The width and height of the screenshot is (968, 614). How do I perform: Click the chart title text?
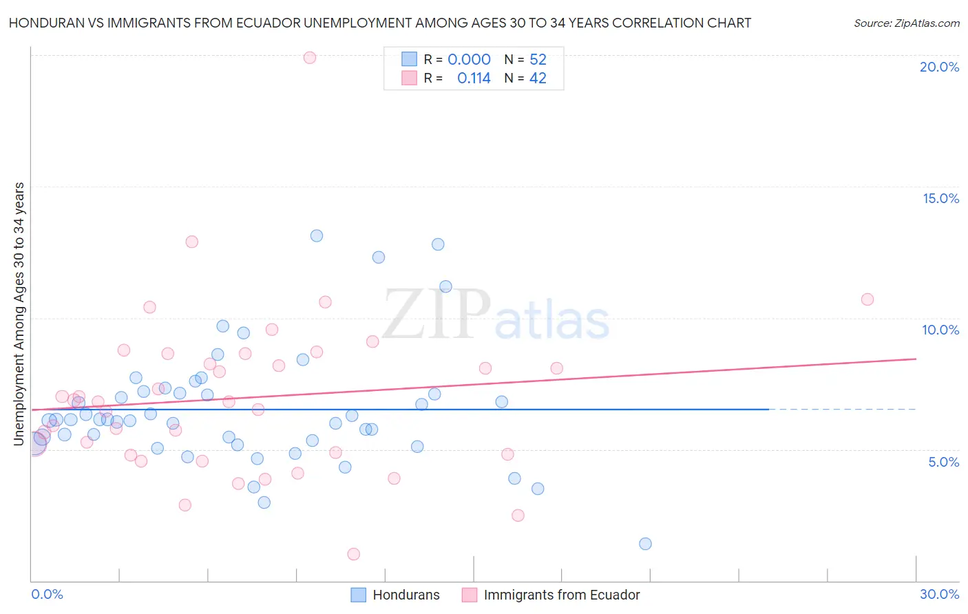(x=379, y=23)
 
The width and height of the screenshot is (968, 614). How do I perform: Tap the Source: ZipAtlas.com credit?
(x=906, y=23)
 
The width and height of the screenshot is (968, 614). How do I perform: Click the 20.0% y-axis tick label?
(x=939, y=67)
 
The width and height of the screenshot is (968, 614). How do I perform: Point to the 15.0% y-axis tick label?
(x=940, y=198)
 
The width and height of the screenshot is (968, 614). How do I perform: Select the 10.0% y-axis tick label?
(x=940, y=330)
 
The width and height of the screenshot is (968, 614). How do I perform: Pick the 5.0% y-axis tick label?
(x=943, y=462)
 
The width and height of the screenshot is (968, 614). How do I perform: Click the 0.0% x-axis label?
(x=47, y=594)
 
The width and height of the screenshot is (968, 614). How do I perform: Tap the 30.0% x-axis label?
(x=939, y=594)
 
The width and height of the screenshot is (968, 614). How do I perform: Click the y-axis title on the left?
(x=19, y=314)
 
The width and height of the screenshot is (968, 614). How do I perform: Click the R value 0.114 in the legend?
(x=474, y=78)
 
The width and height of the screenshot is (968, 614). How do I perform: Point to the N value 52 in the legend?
(x=538, y=59)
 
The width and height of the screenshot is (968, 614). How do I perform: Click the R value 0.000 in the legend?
(x=469, y=59)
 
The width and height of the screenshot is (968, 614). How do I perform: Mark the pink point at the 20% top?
(x=310, y=58)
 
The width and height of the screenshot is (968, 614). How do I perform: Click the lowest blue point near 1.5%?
(x=645, y=544)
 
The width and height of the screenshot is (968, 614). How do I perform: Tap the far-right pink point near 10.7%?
(x=867, y=299)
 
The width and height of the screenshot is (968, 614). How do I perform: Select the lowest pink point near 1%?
(x=354, y=554)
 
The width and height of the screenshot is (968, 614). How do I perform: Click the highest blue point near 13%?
(x=317, y=235)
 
